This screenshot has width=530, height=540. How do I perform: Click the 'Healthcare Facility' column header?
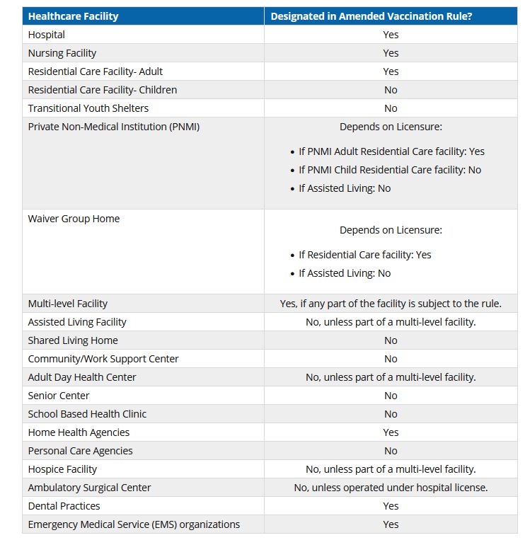[74, 16]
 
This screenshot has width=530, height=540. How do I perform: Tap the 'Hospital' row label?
[47, 35]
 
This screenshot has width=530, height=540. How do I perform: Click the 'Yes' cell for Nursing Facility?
[391, 53]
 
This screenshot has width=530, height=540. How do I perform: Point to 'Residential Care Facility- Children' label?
[103, 90]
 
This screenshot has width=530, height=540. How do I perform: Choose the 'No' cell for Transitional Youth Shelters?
[391, 108]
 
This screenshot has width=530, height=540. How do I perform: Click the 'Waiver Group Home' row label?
[74, 219]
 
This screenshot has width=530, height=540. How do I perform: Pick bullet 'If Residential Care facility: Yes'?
[364, 255]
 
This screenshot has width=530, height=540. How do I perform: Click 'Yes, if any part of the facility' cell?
[391, 304]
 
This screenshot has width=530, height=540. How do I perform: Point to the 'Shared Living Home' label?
[73, 340]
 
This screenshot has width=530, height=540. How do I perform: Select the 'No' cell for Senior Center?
[391, 396]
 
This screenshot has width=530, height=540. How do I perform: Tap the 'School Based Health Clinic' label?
[87, 414]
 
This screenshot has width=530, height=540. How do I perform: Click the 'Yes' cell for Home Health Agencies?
[391, 432]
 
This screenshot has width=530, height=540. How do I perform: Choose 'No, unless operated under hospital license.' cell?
[391, 488]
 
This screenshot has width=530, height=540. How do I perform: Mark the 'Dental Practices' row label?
[64, 506]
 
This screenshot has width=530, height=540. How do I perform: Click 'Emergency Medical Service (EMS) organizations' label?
[134, 524]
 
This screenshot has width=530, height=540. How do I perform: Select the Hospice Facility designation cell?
[391, 469]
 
